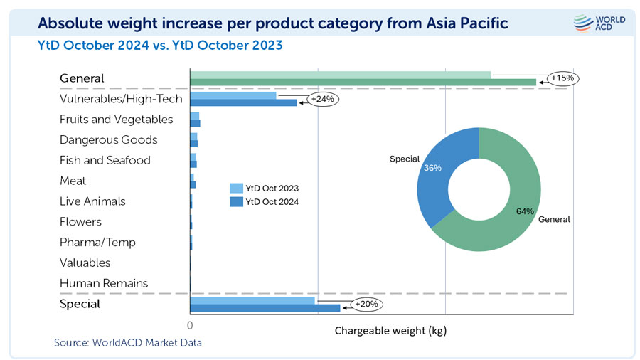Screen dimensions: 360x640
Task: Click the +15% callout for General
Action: pyautogui.click(x=562, y=78)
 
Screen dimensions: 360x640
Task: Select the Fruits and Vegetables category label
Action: pyautogui.click(x=116, y=120)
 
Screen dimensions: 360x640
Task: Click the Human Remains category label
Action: pyautogui.click(x=104, y=283)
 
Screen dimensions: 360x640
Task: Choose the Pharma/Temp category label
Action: pyautogui.click(x=97, y=242)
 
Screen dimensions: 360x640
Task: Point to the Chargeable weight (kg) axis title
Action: pyautogui.click(x=390, y=331)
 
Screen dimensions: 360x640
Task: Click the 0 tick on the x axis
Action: pyautogui.click(x=190, y=325)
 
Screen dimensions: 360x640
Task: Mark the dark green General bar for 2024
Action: pyautogui.click(x=363, y=83)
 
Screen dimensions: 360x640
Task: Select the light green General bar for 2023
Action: pyautogui.click(x=340, y=75)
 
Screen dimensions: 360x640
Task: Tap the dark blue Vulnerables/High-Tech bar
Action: pyautogui.click(x=243, y=102)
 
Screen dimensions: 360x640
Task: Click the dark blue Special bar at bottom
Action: pyautogui.click(x=265, y=308)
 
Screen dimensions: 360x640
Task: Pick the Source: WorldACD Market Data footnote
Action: pyautogui.click(x=128, y=343)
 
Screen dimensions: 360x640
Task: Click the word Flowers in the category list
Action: pyautogui.click(x=80, y=222)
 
